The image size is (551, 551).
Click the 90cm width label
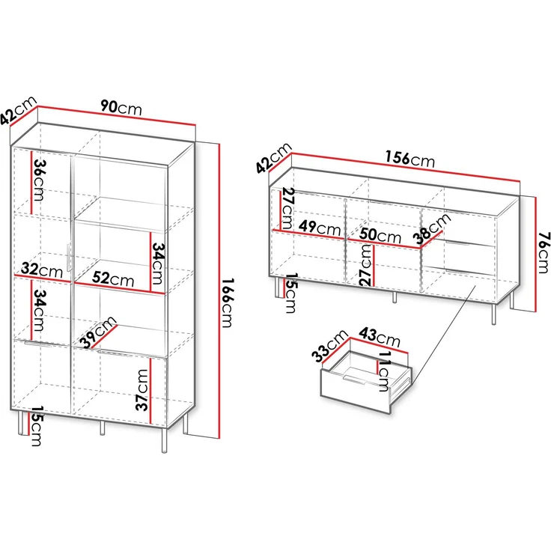[121, 107]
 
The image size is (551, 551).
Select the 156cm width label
[410, 159]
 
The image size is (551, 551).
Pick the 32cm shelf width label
[42, 270]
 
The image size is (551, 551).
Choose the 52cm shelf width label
[113, 278]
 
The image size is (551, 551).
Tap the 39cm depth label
[97, 332]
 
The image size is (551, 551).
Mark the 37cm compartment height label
[142, 390]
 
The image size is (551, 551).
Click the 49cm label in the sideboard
[320, 228]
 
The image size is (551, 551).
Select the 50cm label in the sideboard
[380, 235]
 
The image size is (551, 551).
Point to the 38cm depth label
[431, 228]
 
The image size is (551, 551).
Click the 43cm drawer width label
[379, 337]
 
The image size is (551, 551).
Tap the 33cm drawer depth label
[329, 346]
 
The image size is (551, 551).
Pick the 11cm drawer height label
[384, 371]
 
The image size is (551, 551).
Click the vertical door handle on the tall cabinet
[68, 257]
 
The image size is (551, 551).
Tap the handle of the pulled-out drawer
[355, 380]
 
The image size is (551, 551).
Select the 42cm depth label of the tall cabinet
[18, 110]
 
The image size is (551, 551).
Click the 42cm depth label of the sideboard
[274, 158]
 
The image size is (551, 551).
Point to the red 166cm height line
[219, 290]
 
